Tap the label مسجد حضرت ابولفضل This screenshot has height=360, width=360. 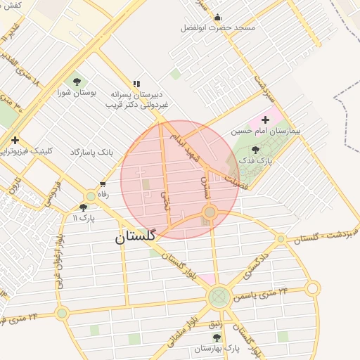(x=217, y=27)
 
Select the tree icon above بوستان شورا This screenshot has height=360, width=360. (x=77, y=82)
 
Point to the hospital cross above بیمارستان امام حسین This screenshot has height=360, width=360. (x=265, y=120)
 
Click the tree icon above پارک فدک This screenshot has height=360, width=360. (x=255, y=150)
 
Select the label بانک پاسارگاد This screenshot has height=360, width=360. (x=91, y=152)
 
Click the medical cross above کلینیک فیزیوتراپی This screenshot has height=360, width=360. (x=15, y=141)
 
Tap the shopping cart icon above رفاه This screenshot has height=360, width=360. (x=103, y=184)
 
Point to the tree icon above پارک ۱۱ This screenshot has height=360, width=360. (x=84, y=207)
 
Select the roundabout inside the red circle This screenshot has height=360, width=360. (x=209, y=212)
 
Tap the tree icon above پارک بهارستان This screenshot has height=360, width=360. (x=217, y=338)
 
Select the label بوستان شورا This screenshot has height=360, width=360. (x=77, y=93)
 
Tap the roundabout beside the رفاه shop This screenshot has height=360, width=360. (x=91, y=196)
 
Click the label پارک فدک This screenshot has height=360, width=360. (x=255, y=160)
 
